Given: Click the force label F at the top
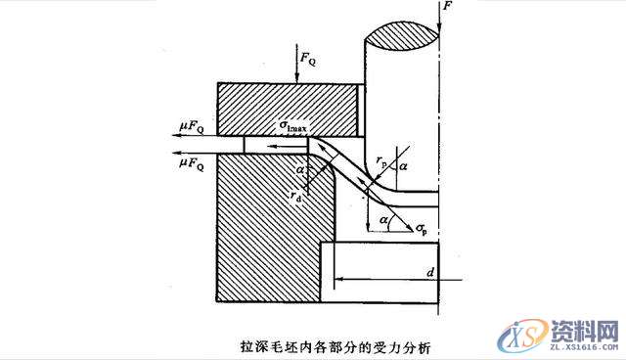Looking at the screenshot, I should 448,8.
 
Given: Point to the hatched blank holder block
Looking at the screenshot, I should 289,109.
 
